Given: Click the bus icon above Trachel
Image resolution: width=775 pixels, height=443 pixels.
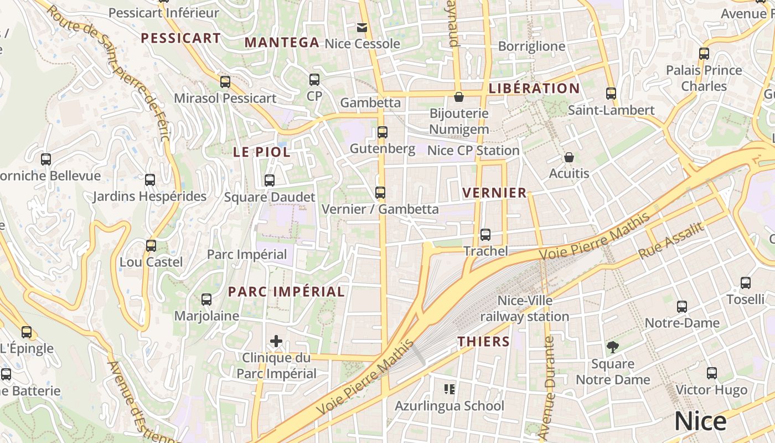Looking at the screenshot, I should tap(485, 235).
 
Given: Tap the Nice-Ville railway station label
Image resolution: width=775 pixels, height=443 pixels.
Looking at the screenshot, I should tap(524, 309).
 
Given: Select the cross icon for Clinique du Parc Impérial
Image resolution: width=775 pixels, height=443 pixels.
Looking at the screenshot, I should tap(276, 341).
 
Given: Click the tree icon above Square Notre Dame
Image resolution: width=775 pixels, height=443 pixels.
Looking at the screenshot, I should tap(612, 347).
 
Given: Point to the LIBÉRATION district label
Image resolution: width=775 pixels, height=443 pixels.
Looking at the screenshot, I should tap(534, 89).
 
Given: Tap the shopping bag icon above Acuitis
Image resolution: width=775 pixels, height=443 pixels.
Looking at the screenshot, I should tap(569, 157).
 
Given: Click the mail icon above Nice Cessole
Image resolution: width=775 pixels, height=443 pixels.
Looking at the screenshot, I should tap(362, 27).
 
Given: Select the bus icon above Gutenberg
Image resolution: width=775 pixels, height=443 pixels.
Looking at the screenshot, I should tap(383, 132).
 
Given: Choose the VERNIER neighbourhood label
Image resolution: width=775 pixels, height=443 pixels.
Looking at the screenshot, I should tap(494, 193).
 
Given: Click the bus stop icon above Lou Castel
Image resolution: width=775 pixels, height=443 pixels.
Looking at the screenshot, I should tap(151, 245).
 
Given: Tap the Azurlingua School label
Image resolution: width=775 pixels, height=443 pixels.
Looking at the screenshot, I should tap(449, 406).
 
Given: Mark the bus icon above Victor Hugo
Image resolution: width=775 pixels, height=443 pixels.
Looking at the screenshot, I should tap(712, 373).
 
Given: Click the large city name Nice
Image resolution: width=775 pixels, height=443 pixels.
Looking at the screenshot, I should tap(700, 421).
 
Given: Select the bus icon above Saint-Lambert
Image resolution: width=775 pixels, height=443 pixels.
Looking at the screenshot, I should tap(611, 94).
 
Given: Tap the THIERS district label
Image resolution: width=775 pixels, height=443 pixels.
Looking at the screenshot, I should tap(483, 342).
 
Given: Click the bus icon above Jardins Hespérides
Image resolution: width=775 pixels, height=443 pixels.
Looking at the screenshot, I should tap(150, 180).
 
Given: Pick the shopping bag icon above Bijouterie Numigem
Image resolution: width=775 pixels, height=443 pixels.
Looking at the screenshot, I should tap(459, 97).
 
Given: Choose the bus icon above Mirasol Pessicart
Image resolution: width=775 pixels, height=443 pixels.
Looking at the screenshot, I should tap(225, 82).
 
